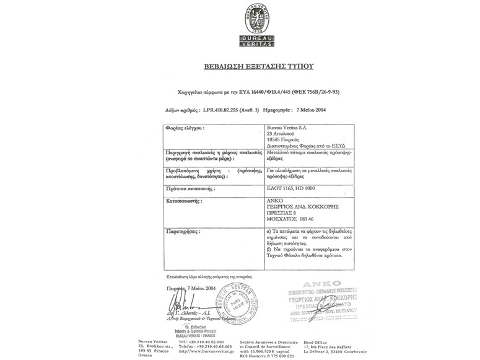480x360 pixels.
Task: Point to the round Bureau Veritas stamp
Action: coord(237,304)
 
